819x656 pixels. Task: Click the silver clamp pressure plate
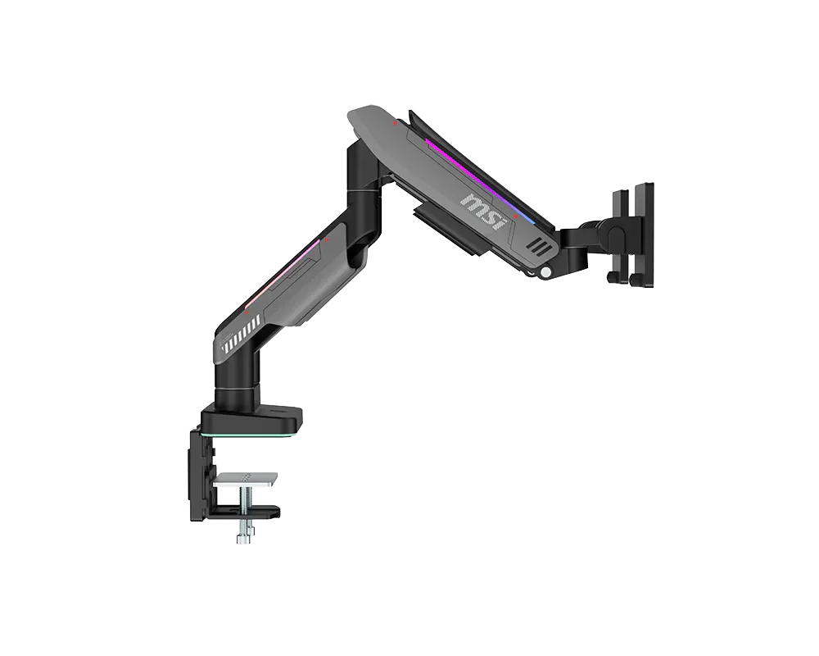pyautogui.click(x=246, y=479)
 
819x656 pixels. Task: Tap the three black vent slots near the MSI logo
pyautogui.click(x=538, y=247)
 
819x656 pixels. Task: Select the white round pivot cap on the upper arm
pyautogui.click(x=546, y=271)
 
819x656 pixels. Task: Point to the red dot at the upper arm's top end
pyautogui.click(x=396, y=124)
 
